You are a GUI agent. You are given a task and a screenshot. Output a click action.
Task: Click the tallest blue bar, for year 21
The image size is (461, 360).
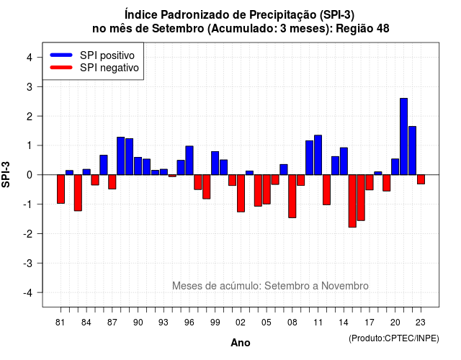(403, 136)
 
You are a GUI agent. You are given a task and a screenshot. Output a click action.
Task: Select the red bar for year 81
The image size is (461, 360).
(61, 189)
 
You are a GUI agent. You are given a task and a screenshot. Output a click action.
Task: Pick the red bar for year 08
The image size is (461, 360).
(292, 197)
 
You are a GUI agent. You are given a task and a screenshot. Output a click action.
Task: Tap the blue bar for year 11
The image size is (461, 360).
(318, 155)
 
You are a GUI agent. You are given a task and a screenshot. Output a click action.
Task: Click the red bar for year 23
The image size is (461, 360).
(421, 179)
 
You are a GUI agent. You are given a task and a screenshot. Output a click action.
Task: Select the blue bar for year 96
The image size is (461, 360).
(189, 161)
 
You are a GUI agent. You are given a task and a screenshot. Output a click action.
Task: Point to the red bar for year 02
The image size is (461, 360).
(241, 194)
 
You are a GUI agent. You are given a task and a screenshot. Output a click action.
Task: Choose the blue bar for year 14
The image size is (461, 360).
(344, 161)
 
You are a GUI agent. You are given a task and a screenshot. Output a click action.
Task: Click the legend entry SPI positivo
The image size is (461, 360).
(107, 55)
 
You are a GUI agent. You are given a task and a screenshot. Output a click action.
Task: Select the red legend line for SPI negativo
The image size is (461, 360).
(61, 68)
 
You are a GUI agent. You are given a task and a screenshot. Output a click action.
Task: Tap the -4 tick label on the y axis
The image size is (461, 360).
(29, 292)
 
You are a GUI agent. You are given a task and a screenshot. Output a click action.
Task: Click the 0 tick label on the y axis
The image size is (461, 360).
(30, 175)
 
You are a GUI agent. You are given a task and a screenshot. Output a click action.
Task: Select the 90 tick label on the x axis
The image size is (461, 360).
(138, 323)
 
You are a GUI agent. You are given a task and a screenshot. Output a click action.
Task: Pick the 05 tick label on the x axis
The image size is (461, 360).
(266, 323)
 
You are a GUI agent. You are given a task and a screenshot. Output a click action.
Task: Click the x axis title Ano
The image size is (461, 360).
(241, 343)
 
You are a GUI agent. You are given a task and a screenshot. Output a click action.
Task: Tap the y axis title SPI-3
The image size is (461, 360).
(6, 174)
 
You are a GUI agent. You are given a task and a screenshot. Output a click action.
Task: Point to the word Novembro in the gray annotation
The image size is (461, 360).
(344, 286)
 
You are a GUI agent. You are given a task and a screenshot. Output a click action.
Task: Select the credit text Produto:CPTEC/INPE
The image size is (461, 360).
(394, 338)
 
